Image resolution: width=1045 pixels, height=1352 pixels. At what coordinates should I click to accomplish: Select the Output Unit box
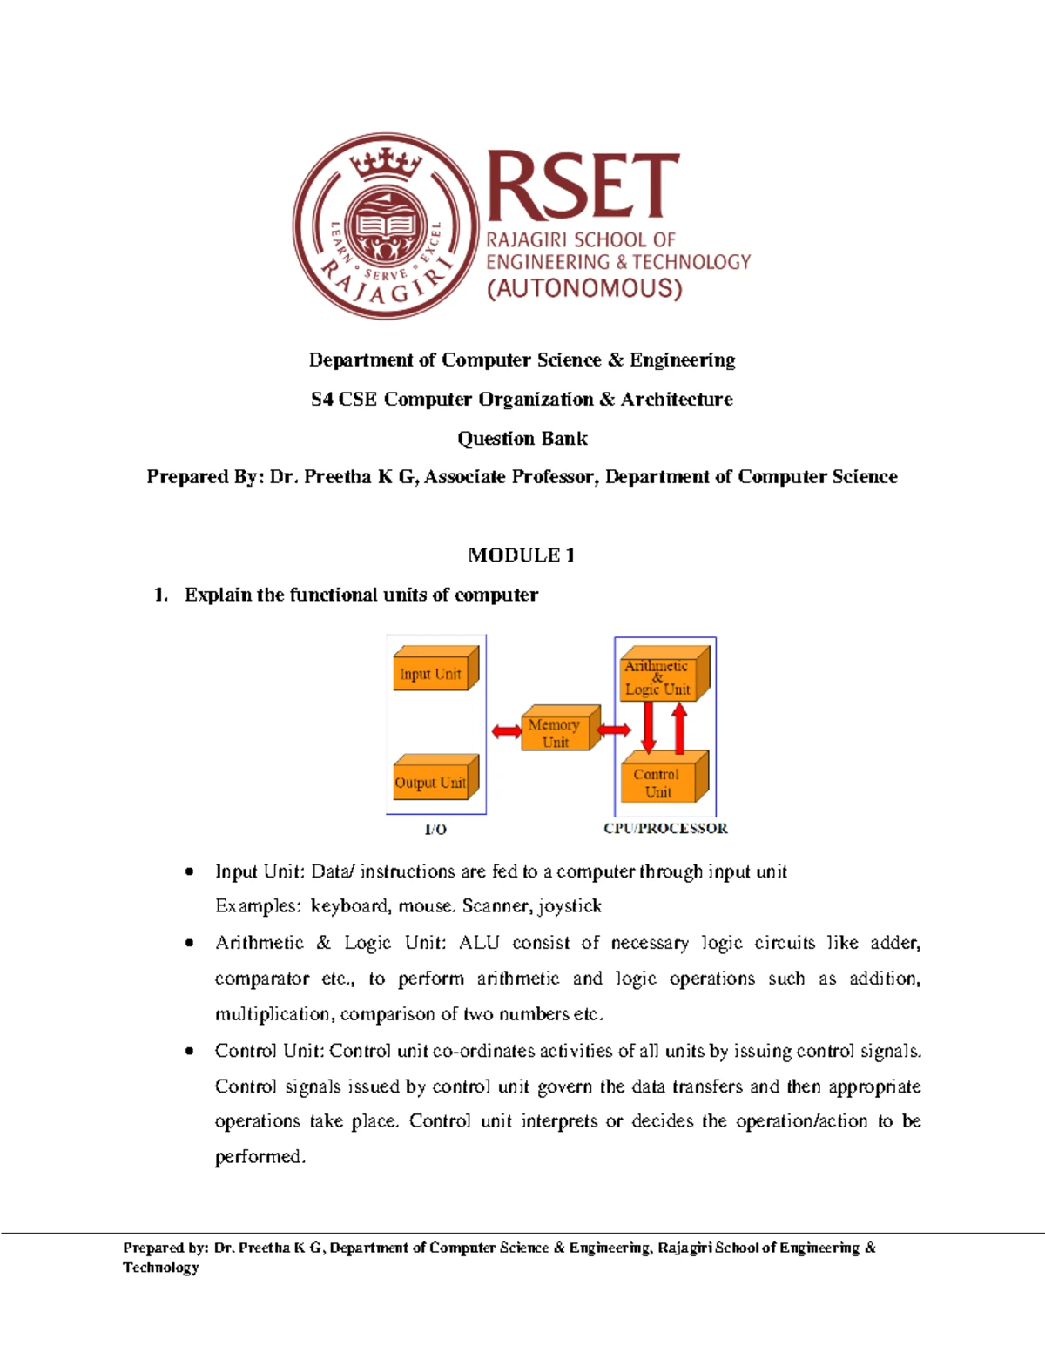click(432, 780)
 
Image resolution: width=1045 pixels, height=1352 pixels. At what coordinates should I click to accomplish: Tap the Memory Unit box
click(556, 731)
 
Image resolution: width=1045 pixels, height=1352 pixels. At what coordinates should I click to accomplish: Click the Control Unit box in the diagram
click(660, 781)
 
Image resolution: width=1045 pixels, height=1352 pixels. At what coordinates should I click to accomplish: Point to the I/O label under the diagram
click(435, 829)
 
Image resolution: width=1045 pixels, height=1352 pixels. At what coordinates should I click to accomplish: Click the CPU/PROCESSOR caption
click(665, 828)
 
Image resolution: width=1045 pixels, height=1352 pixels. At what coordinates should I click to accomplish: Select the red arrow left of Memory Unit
click(507, 731)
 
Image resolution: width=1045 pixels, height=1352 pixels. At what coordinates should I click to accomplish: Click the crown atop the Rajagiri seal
click(386, 162)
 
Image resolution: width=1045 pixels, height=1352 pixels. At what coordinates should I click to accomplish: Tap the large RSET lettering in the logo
click(582, 185)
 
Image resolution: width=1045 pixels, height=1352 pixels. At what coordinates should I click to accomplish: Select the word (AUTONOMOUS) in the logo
click(584, 288)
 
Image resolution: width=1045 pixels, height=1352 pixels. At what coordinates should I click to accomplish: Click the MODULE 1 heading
click(522, 555)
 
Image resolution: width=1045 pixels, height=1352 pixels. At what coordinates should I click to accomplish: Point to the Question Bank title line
click(522, 438)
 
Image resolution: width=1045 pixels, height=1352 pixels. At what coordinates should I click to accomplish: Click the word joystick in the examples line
click(570, 906)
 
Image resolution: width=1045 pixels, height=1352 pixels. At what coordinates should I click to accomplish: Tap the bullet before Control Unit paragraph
click(189, 1052)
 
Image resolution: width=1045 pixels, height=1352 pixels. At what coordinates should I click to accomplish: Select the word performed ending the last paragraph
click(259, 1157)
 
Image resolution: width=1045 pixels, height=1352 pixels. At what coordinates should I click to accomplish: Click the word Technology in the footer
click(161, 1268)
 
